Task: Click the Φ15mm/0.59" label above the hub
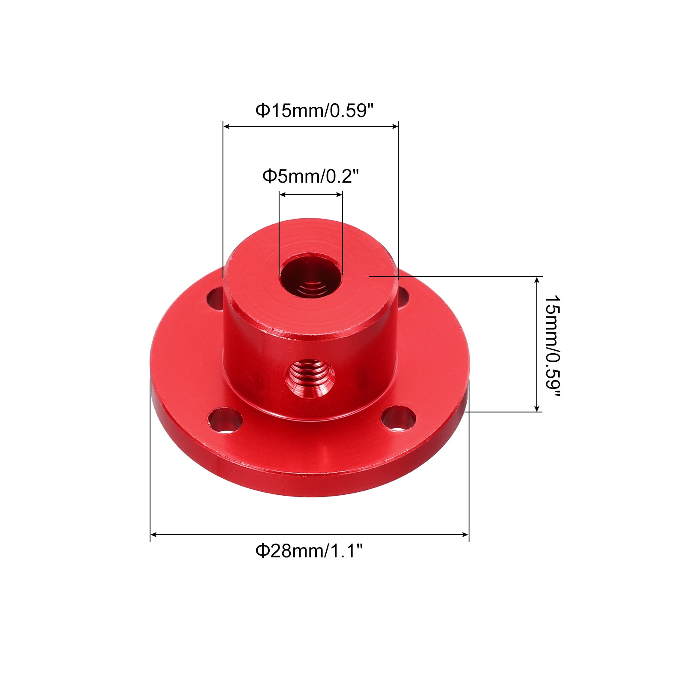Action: pos(315,111)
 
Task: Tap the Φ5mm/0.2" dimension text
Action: pos(310,176)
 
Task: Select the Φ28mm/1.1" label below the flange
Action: pos(309,551)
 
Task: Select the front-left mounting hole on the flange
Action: pos(225,420)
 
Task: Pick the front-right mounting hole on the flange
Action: pos(399,418)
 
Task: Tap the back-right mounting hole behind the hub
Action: pos(403,297)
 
